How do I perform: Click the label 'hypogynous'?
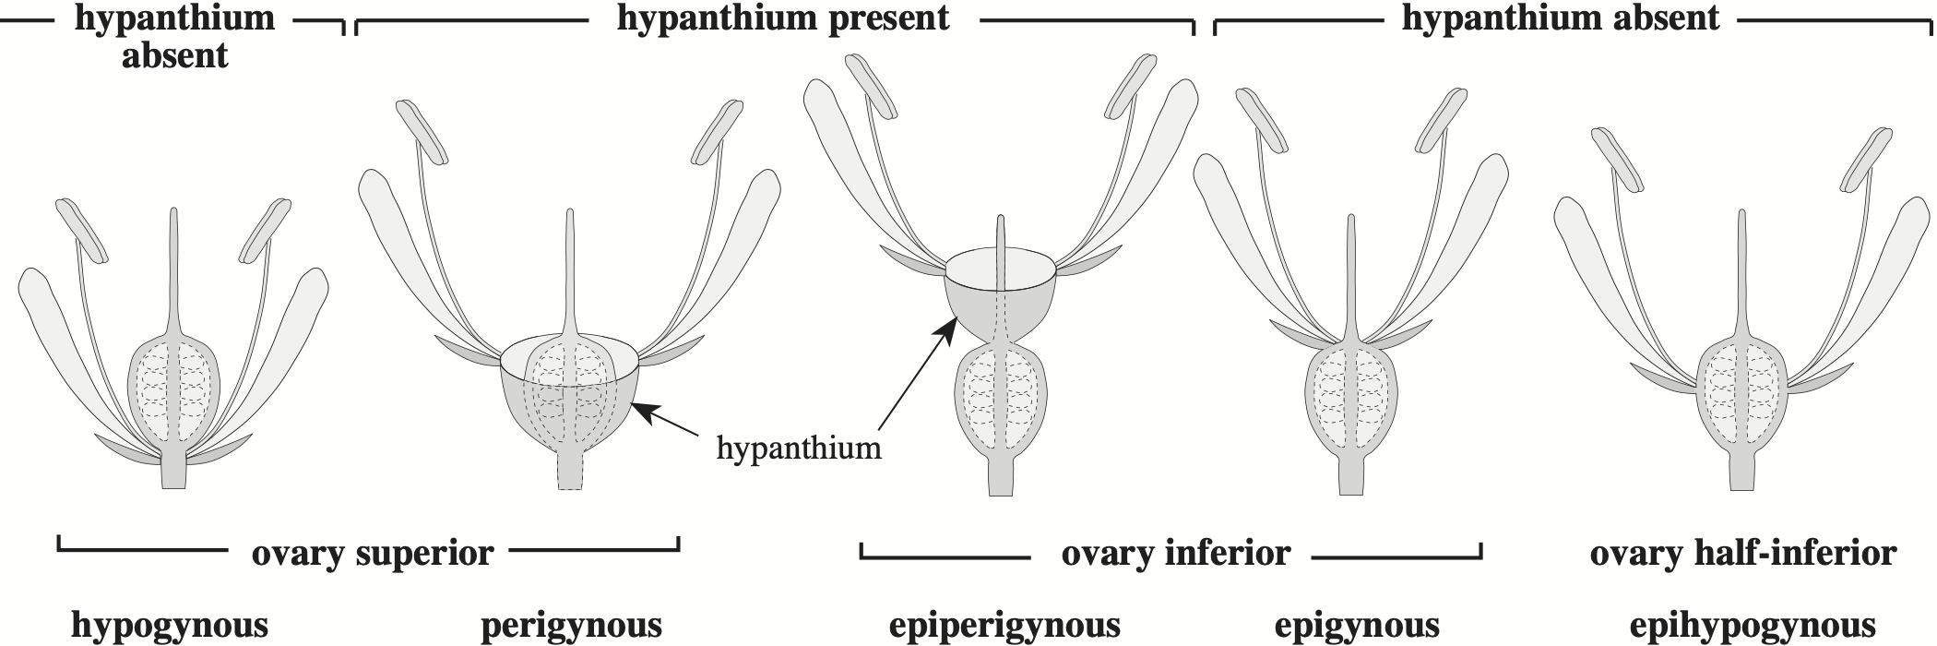[x=170, y=625]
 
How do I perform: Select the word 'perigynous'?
[x=571, y=625]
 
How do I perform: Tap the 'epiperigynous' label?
[x=1004, y=625]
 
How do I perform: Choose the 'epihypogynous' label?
[x=1752, y=625]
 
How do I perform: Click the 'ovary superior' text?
[x=373, y=554]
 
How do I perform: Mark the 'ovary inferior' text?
[x=1175, y=554]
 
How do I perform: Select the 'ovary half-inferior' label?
[x=1742, y=554]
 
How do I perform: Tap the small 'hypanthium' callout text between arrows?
[x=799, y=449]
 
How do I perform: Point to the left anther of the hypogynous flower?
[x=82, y=229]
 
